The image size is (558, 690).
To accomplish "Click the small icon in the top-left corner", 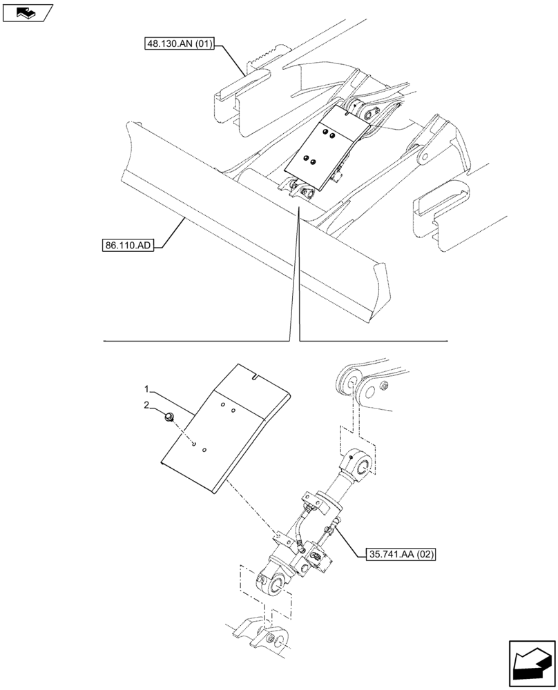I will tap(27, 12).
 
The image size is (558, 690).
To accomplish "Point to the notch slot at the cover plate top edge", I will tap(255, 377).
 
